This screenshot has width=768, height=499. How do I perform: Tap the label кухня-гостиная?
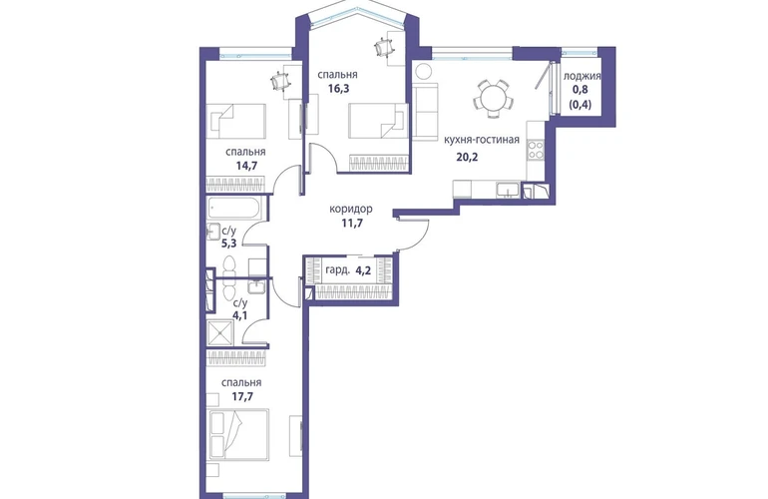click(x=481, y=140)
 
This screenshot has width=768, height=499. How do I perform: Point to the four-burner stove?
click(x=536, y=150)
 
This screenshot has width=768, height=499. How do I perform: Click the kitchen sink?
click(x=509, y=190)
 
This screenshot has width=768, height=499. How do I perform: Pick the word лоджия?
click(x=581, y=77)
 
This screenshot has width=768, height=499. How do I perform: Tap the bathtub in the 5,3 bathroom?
click(x=234, y=208)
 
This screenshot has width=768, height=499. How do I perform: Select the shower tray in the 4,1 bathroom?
click(x=221, y=331)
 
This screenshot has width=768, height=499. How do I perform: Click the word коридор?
click(x=351, y=209)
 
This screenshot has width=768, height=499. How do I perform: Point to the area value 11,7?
click(x=351, y=224)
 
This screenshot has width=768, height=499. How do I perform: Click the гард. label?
click(x=337, y=269)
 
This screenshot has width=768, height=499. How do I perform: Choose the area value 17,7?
click(x=242, y=396)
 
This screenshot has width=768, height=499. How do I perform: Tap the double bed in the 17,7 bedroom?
click(x=238, y=435)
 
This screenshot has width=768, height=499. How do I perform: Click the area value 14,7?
click(x=246, y=166)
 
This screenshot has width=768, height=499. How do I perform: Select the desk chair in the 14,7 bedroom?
click(x=280, y=81)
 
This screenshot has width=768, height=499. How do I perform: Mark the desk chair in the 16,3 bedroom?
click(x=384, y=48)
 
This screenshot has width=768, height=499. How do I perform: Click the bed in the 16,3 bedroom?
click(x=378, y=121)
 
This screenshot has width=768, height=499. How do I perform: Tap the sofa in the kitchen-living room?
click(x=425, y=111)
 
